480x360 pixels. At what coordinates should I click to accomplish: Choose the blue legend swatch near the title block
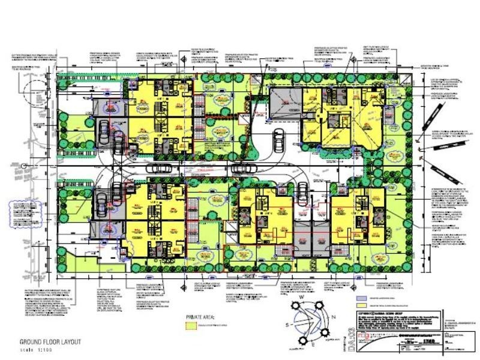coord(361,298)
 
